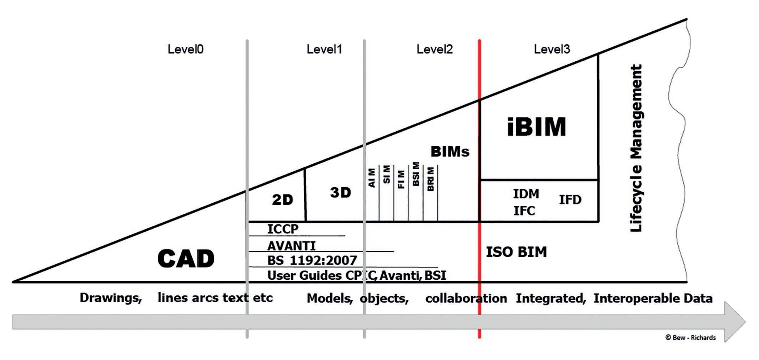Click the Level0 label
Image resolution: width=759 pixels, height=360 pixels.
click(x=185, y=49)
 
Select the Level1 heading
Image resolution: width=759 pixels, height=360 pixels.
click(x=324, y=49)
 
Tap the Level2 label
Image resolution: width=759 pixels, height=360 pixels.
click(x=434, y=49)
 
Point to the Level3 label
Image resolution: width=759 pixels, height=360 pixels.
click(x=552, y=49)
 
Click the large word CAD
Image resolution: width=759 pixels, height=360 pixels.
click(x=186, y=258)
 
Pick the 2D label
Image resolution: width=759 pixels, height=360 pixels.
click(x=282, y=200)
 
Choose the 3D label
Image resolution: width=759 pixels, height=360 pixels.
click(x=341, y=193)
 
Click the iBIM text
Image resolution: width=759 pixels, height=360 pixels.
click(x=536, y=127)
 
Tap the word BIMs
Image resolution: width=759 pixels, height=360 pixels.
click(x=450, y=152)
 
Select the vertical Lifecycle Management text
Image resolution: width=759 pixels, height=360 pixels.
click(x=636, y=148)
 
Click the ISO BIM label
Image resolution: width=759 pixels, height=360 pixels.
click(x=516, y=252)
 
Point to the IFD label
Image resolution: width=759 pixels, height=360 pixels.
click(x=570, y=199)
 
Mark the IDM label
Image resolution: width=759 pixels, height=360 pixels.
click(x=526, y=194)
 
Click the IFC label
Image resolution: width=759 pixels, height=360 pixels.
click(x=524, y=211)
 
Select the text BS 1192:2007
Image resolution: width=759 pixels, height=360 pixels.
click(x=312, y=260)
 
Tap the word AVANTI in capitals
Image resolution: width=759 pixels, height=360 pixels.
click(x=291, y=246)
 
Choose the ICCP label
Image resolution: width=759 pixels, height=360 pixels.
click(x=283, y=229)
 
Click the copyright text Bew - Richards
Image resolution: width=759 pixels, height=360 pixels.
click(x=690, y=338)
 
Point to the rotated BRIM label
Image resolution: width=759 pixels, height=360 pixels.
click(x=431, y=179)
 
